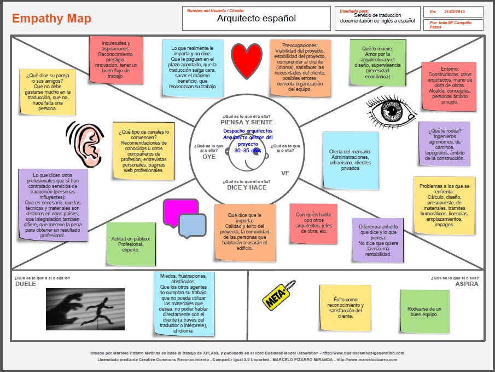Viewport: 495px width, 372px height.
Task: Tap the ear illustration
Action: (x=86, y=145)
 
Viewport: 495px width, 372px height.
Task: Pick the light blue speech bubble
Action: (x=192, y=225)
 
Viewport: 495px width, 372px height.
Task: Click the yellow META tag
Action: (x=279, y=296)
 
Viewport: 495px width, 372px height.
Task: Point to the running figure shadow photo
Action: (x=85, y=309)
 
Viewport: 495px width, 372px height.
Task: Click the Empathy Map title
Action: (x=51, y=19)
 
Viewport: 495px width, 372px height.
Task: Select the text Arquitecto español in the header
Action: (x=256, y=19)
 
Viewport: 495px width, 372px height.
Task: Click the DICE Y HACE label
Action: (x=247, y=187)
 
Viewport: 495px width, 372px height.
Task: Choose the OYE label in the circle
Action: (x=209, y=156)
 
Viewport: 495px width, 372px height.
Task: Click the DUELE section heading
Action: (x=25, y=284)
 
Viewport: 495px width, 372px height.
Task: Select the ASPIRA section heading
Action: (x=467, y=284)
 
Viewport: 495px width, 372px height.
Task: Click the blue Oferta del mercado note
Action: (x=350, y=159)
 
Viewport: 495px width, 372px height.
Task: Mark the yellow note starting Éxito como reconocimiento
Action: (x=345, y=308)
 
